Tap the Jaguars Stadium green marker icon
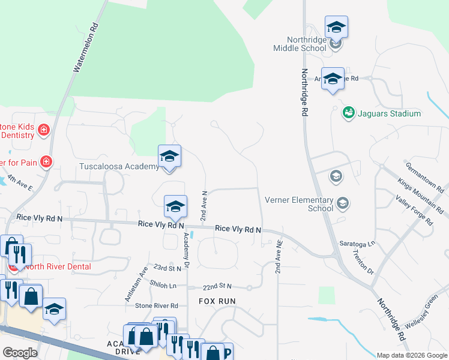[348, 112]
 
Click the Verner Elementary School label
[299, 204]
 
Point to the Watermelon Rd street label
[85, 48]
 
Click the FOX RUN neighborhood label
[217, 301]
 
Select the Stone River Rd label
[157, 305]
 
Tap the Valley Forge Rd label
[414, 209]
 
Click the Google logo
[20, 353]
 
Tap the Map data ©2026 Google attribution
[411, 355]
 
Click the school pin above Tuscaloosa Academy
[169, 157]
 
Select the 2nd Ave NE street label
[279, 262]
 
